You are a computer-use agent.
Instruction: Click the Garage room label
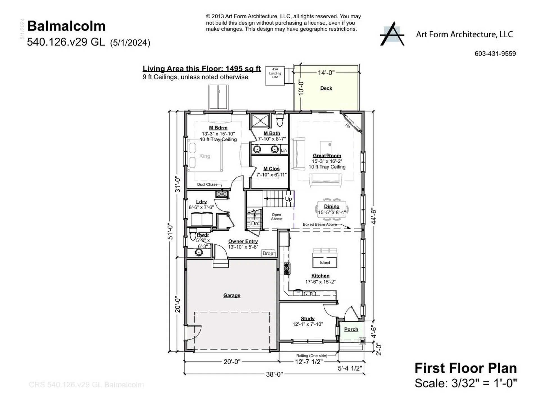pyautogui.click(x=232, y=295)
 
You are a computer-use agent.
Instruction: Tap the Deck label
pyautogui.click(x=326, y=88)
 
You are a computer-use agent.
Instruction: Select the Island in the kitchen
pyautogui.click(x=325, y=260)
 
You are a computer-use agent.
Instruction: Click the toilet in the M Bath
pyautogui.click(x=279, y=121)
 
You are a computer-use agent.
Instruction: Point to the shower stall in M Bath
pyautogui.click(x=260, y=121)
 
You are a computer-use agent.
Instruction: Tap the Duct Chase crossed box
pyautogui.click(x=221, y=194)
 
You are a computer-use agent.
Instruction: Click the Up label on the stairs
pyautogui.click(x=288, y=199)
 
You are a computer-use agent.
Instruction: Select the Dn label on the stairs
pyautogui.click(x=254, y=223)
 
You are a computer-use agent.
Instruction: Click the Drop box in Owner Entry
pyautogui.click(x=268, y=253)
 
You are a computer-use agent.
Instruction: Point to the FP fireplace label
pyautogui.click(x=348, y=126)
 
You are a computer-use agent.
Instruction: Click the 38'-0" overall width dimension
pyautogui.click(x=274, y=374)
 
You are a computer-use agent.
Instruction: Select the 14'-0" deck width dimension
pyautogui.click(x=326, y=73)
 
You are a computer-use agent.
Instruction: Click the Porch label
pyautogui.click(x=351, y=329)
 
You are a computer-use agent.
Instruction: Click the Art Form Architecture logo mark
pyautogui.click(x=392, y=34)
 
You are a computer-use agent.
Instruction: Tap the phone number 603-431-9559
pyautogui.click(x=495, y=54)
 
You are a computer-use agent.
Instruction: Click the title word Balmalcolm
pyautogui.click(x=66, y=26)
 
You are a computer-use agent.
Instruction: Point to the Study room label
pyautogui.click(x=307, y=319)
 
